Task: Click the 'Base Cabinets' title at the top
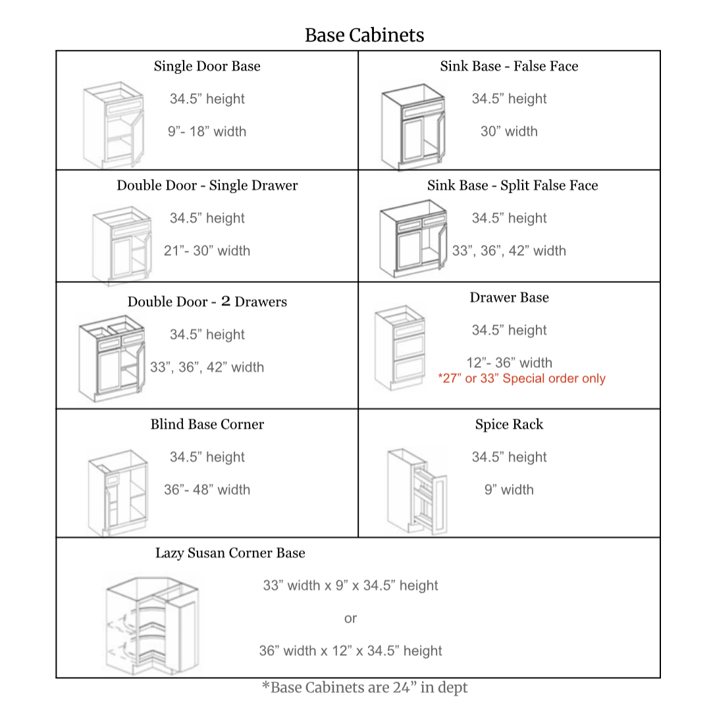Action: (x=364, y=35)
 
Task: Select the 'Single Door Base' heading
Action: (x=207, y=66)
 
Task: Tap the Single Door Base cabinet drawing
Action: (x=113, y=125)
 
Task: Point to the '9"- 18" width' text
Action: (x=207, y=132)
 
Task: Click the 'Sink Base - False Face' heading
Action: (x=509, y=66)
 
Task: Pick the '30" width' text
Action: (x=509, y=132)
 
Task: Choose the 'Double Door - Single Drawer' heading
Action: (x=207, y=186)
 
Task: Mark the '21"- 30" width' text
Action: (x=207, y=251)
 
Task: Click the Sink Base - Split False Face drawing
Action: (x=413, y=241)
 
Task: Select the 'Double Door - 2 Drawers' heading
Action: (x=207, y=302)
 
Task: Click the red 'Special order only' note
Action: (x=521, y=379)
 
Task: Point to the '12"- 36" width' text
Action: (x=509, y=363)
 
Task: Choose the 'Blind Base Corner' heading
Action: (x=207, y=425)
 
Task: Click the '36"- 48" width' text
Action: (x=207, y=490)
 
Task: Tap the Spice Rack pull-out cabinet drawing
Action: (x=416, y=492)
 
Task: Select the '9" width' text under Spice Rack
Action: (x=509, y=490)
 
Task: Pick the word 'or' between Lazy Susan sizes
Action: (x=350, y=619)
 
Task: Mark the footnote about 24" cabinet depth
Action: (x=364, y=688)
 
